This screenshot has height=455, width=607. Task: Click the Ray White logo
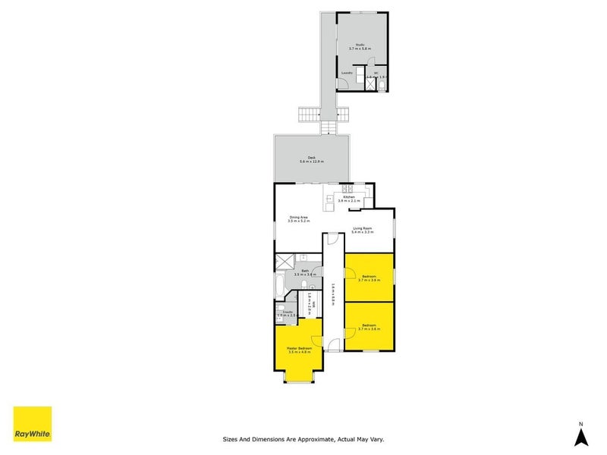[x=33, y=425]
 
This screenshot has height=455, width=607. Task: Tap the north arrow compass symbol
[x=580, y=435]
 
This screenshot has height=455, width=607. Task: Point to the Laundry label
[x=347, y=73]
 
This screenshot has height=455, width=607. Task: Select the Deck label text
[x=311, y=159]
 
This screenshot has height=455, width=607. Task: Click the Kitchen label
[x=349, y=197]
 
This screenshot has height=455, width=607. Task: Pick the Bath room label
[x=305, y=271]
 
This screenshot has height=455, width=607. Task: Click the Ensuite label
[x=288, y=312]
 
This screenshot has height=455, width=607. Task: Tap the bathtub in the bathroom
[x=280, y=287]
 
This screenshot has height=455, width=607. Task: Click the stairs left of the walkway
[x=310, y=115]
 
